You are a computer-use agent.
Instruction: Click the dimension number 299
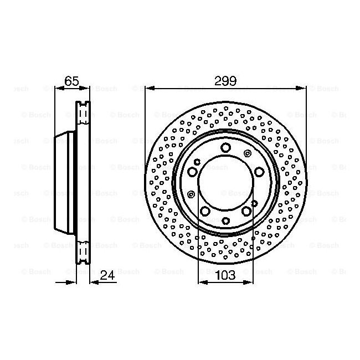coord(225,81)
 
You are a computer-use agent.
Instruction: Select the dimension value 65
coord(71,81)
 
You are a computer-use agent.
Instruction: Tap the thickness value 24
coord(107,275)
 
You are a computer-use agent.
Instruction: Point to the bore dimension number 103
coord(225,275)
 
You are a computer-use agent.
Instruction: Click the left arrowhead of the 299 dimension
coord(150,88)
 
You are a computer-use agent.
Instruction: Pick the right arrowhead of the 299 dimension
coord(301,88)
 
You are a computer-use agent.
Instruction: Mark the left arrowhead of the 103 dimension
coord(203,282)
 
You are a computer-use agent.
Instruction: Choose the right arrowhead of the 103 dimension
coord(248,282)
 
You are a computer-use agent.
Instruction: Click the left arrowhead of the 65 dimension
coord(59,88)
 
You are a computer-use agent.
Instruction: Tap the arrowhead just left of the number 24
coord(94,282)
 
